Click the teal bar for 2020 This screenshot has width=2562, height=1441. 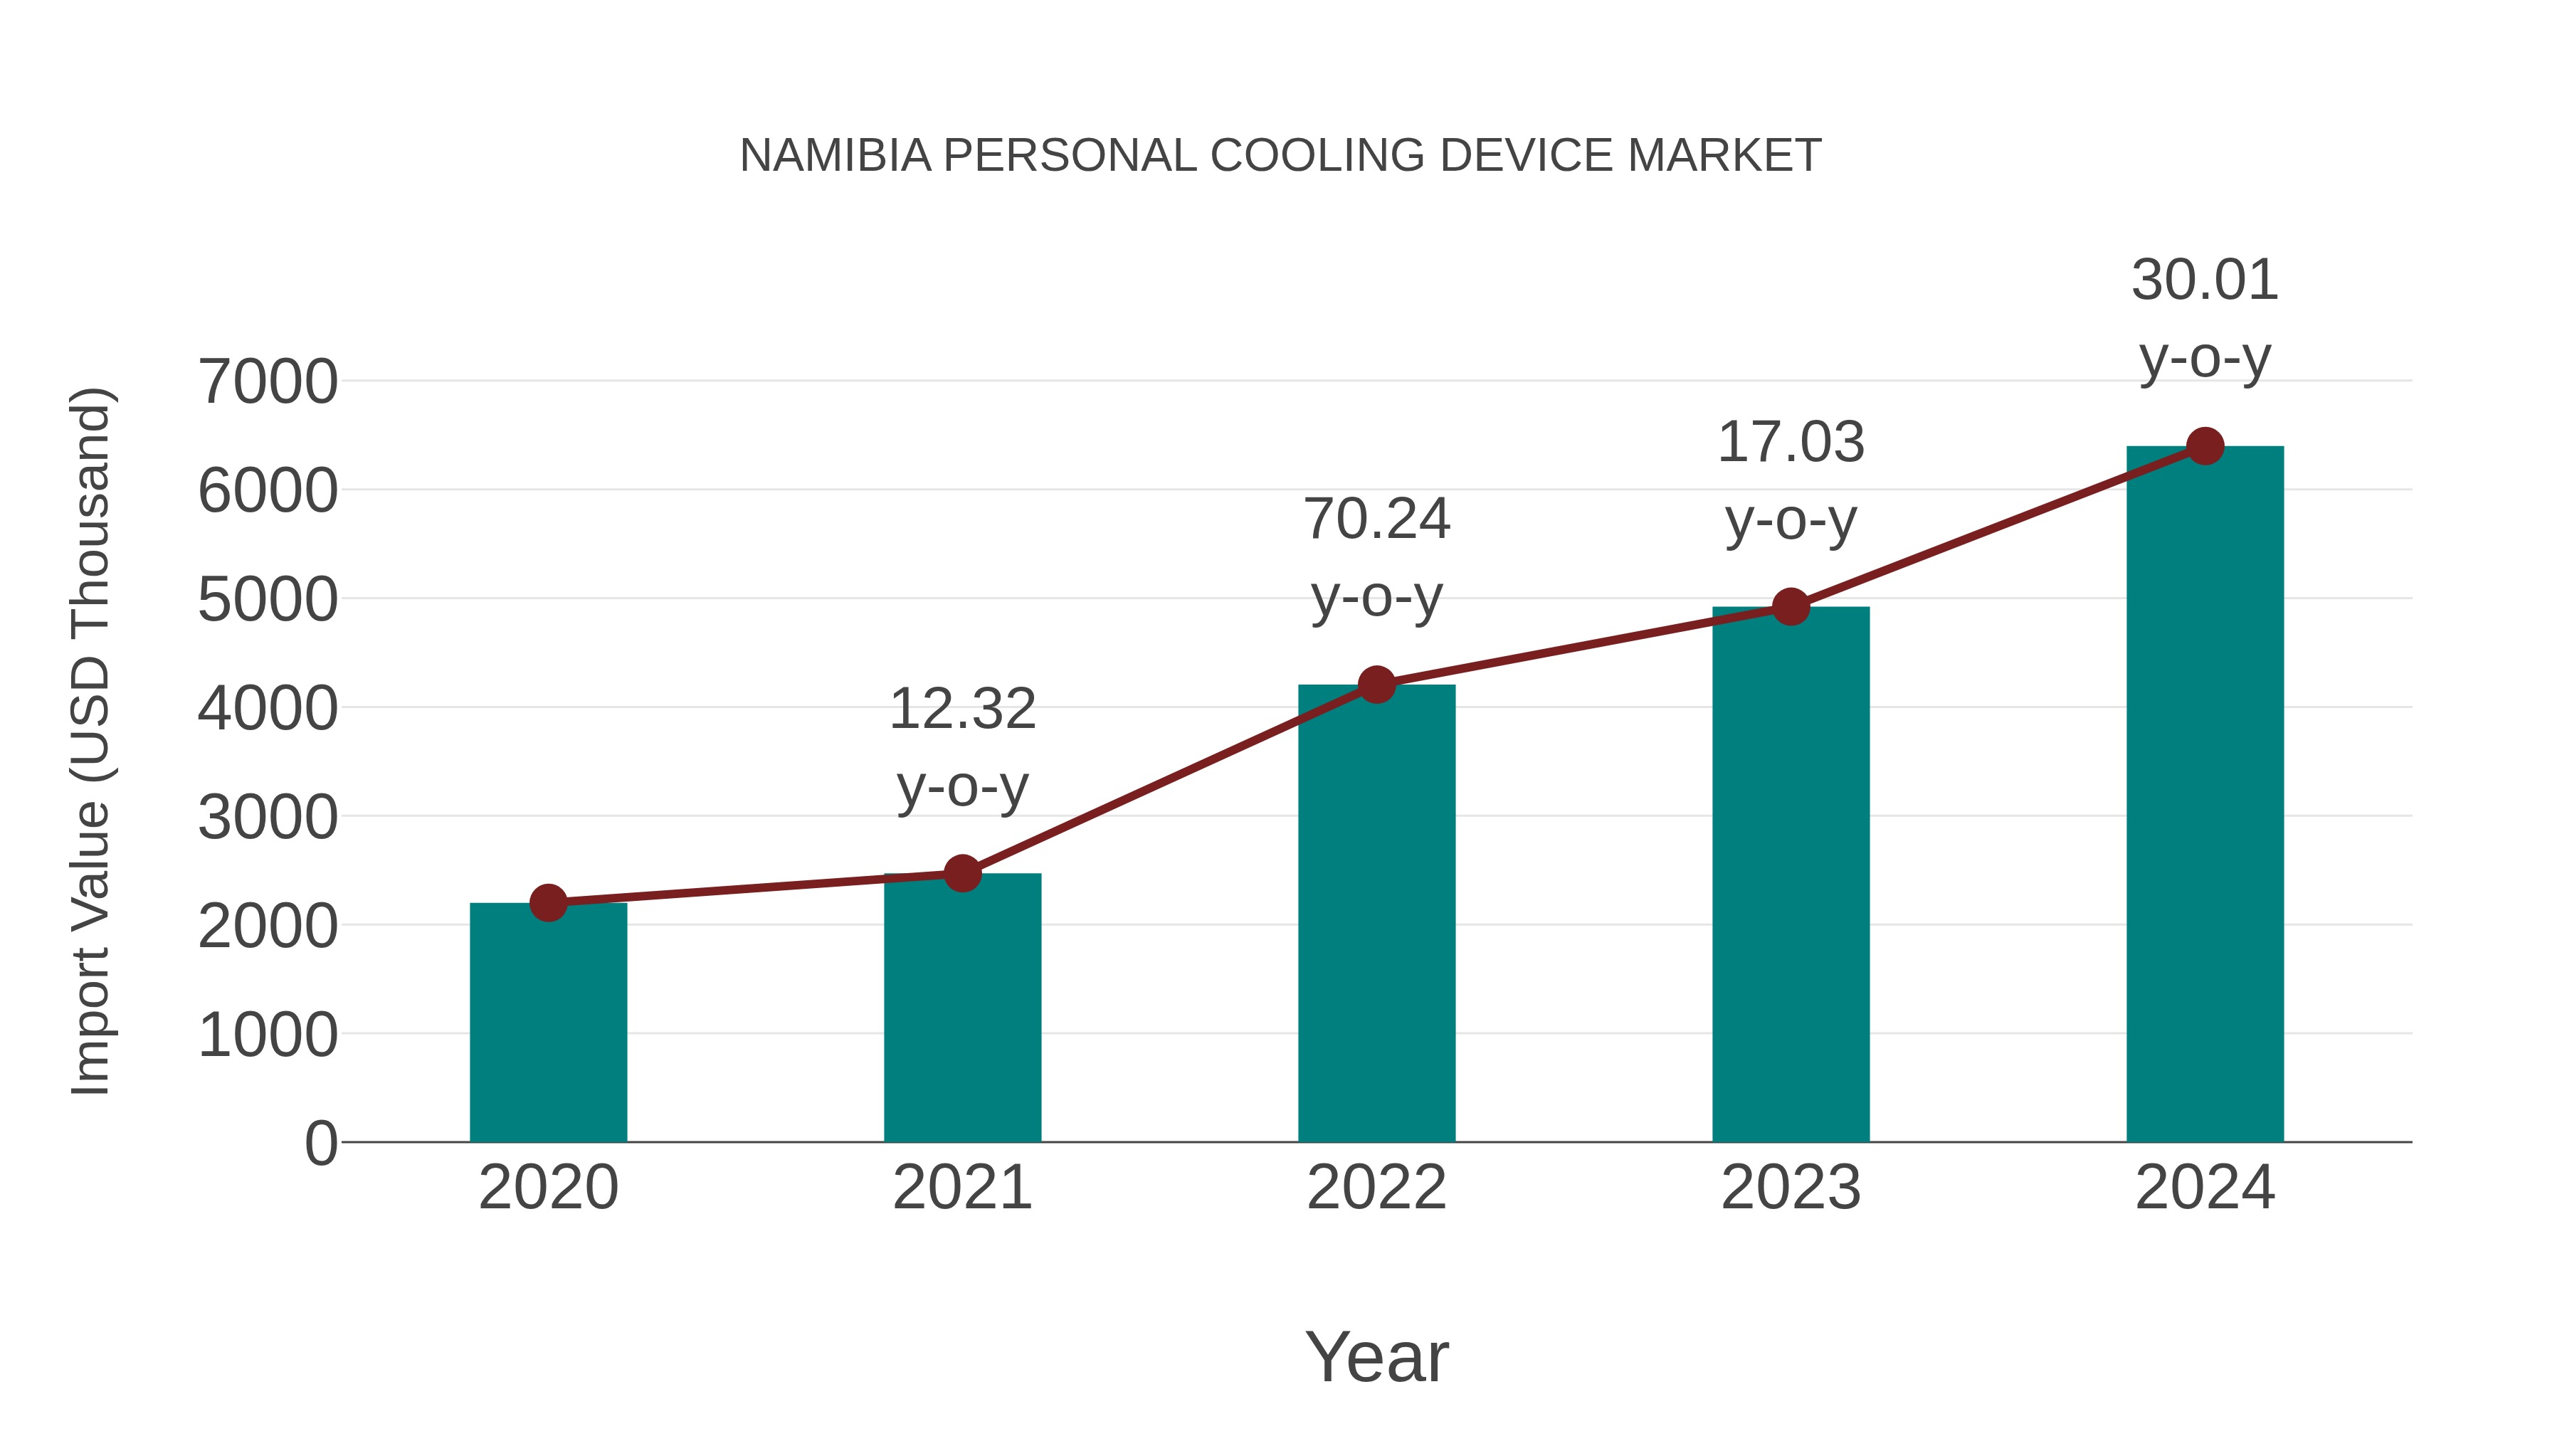coord(548,1024)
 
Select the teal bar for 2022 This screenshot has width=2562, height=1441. coord(1376,915)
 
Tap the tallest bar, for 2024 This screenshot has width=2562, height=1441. coord(2205,796)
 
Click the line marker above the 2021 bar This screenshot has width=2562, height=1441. coord(961,873)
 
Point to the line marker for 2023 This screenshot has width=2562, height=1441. coord(1791,606)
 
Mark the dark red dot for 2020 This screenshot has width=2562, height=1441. coord(548,902)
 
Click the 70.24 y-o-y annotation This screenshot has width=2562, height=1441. coord(1376,557)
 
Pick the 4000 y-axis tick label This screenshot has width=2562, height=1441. coord(268,708)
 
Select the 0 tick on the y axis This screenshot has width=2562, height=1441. coord(320,1143)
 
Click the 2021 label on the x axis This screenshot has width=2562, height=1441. coord(961,1188)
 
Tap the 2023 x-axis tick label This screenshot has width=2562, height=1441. coord(1791,1188)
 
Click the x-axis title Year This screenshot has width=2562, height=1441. coord(1376,1356)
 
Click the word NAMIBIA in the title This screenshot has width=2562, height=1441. coord(835,155)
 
